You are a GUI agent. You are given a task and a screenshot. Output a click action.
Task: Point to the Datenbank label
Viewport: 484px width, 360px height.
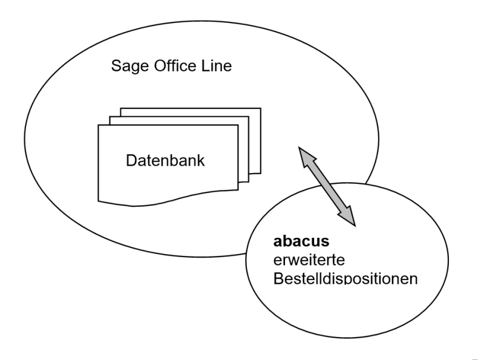165,161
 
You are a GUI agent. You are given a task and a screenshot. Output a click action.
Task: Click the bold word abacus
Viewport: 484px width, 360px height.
301,241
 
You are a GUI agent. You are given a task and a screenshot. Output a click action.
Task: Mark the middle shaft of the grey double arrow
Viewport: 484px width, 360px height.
327,187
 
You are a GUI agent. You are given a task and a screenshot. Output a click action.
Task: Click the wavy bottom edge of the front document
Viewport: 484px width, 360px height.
169,201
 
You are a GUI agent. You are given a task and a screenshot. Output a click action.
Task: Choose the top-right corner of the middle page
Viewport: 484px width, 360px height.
249,117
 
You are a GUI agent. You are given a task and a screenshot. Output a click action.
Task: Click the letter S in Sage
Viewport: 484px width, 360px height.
116,66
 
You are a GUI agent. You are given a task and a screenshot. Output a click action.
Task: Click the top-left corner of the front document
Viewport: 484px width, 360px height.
99,125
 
